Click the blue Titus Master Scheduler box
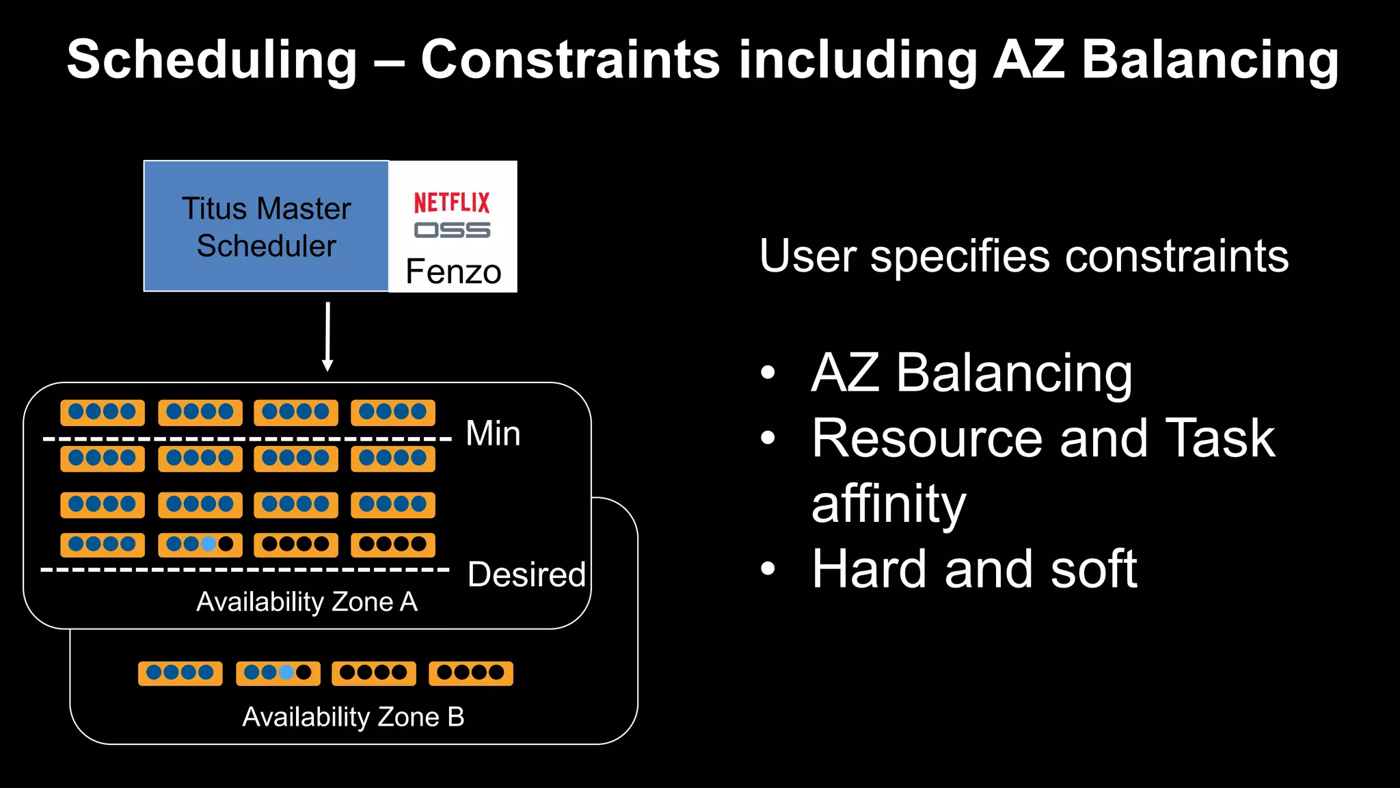(x=266, y=226)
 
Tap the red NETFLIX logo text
(x=452, y=202)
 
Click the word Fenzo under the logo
(x=453, y=272)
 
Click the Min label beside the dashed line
(x=493, y=434)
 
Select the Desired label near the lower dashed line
(x=526, y=575)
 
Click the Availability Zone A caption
(x=306, y=602)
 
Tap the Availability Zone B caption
(x=353, y=717)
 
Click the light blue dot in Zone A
(x=209, y=544)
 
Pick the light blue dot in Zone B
(x=287, y=672)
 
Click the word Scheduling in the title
(x=212, y=60)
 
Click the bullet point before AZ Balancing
(x=768, y=373)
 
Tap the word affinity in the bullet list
(x=889, y=503)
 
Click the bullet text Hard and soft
(x=974, y=569)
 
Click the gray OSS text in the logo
(x=452, y=231)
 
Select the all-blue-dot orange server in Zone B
(x=180, y=673)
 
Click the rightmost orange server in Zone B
(x=470, y=673)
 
